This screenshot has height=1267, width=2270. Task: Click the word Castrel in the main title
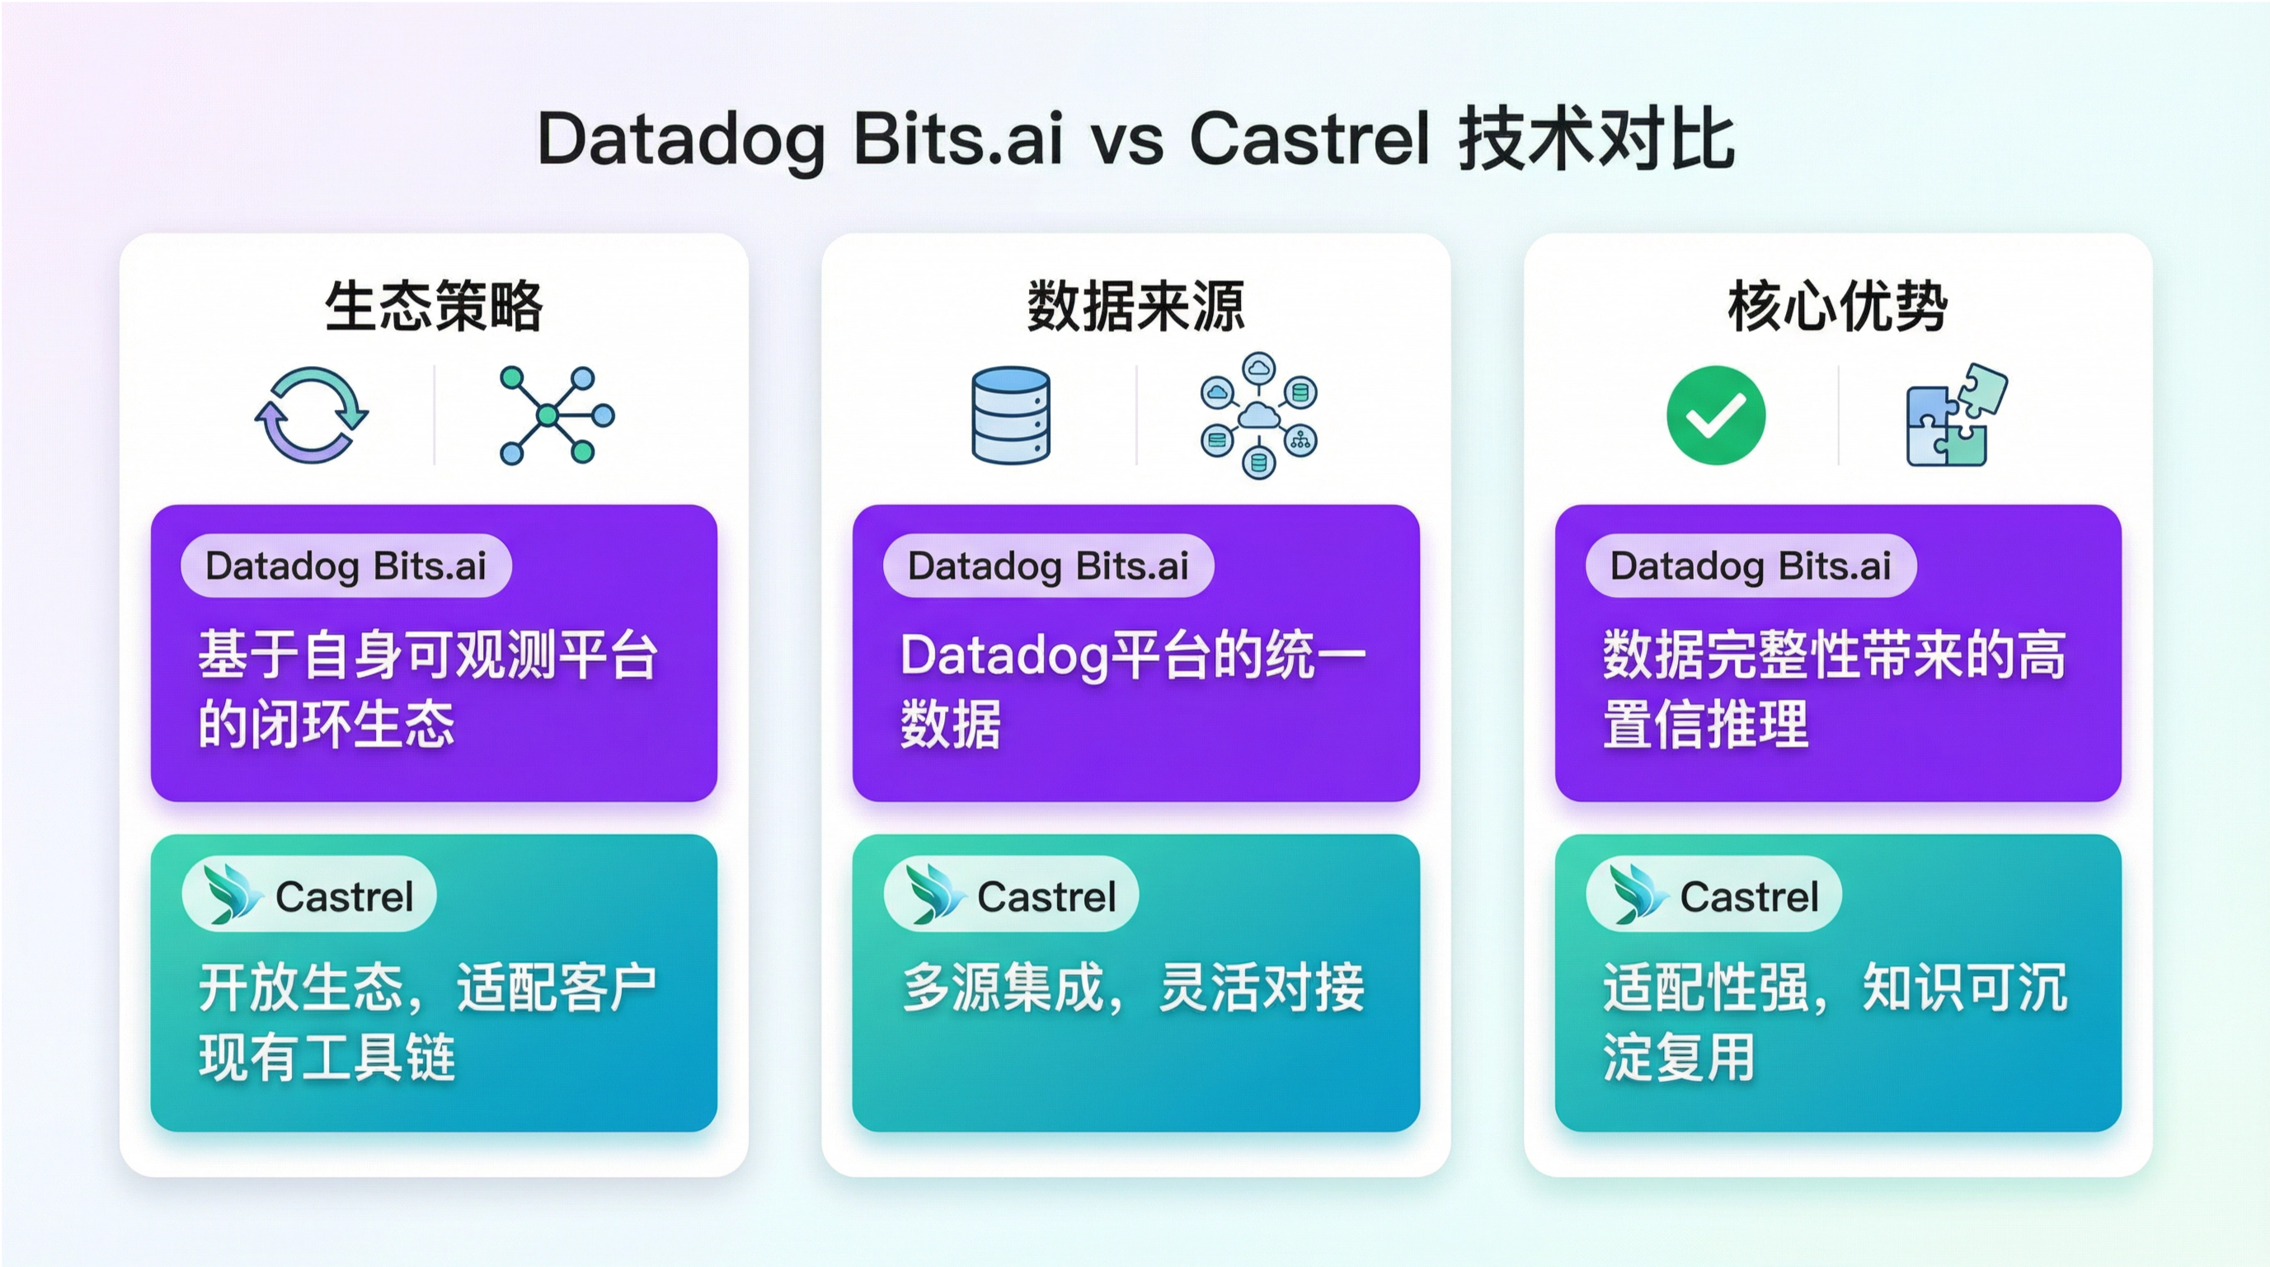pos(1309,139)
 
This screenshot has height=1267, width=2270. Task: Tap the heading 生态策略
pos(434,306)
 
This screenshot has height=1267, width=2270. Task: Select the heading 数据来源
pos(1136,306)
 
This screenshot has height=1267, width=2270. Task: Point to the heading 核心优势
pos(1837,306)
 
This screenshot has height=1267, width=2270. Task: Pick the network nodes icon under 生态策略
pos(557,415)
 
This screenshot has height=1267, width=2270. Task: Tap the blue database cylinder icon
pos(1011,415)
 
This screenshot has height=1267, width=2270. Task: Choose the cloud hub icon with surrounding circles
pos(1258,415)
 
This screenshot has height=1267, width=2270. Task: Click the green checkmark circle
pos(1716,415)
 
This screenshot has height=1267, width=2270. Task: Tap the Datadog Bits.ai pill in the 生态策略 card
pos(345,565)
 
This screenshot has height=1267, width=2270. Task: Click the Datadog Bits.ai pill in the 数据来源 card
pos(1048,565)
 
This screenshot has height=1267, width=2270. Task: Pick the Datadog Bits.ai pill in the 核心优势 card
pos(1750,565)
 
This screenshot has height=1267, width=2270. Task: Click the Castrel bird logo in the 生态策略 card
pos(232,894)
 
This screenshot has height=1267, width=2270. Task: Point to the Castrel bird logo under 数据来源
pos(934,894)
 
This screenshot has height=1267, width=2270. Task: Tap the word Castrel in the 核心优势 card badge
pos(1749,897)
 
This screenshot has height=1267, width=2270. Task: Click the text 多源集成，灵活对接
pos(1133,988)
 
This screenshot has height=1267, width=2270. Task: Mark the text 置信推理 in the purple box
pos(1705,725)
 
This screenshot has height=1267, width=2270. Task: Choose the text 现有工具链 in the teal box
pos(327,1057)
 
